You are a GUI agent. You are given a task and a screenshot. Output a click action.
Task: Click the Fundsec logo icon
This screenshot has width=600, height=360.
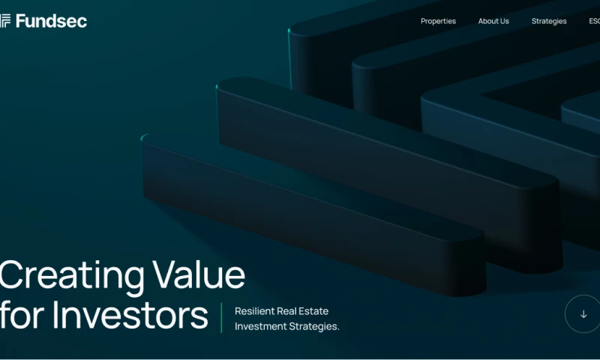[x=4, y=21]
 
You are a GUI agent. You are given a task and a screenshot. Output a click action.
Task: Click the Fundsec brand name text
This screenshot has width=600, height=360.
[x=51, y=21]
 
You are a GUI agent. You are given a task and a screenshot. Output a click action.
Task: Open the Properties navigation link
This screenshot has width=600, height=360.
[x=438, y=21]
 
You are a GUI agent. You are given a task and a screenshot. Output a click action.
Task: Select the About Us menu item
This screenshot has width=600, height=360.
[x=493, y=21]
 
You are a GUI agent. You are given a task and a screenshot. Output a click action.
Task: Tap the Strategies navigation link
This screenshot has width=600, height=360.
[x=549, y=21]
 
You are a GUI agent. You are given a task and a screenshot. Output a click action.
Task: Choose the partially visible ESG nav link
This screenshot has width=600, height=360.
[x=594, y=21]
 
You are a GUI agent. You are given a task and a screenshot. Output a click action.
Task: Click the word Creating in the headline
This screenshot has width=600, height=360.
[x=71, y=276]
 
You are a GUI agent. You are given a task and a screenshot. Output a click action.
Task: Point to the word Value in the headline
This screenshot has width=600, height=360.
[x=199, y=276]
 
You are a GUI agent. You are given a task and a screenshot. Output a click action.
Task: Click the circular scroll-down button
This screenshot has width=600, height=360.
[x=583, y=314]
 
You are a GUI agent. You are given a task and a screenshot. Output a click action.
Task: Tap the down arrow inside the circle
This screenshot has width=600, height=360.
[x=583, y=314]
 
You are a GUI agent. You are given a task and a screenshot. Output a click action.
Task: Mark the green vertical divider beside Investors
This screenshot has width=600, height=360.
[x=221, y=318]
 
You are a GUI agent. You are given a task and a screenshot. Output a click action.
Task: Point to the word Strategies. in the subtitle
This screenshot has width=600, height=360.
[x=314, y=326]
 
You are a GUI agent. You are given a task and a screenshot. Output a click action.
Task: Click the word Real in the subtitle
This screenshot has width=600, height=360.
[x=289, y=311]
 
